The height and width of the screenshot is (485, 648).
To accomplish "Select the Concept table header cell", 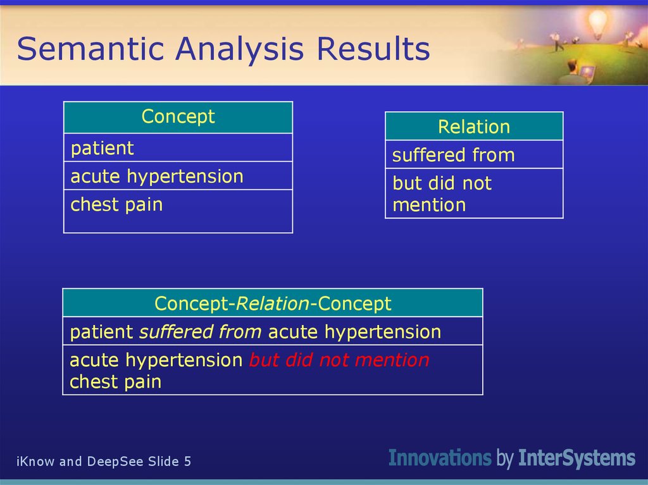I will tap(178, 117).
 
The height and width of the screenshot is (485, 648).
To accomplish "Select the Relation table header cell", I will tap(473, 126).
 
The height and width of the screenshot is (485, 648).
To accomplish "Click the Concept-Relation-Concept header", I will tap(273, 304).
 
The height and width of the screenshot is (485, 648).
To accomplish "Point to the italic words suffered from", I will tap(200, 332).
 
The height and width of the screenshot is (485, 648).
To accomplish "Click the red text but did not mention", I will tap(339, 360).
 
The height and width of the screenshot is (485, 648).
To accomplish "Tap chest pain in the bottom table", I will tap(115, 382).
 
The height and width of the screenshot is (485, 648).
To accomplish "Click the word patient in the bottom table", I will tap(101, 332).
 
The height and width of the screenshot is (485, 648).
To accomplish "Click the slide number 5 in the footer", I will tap(187, 462).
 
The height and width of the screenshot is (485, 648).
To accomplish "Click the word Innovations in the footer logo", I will tap(439, 458).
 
